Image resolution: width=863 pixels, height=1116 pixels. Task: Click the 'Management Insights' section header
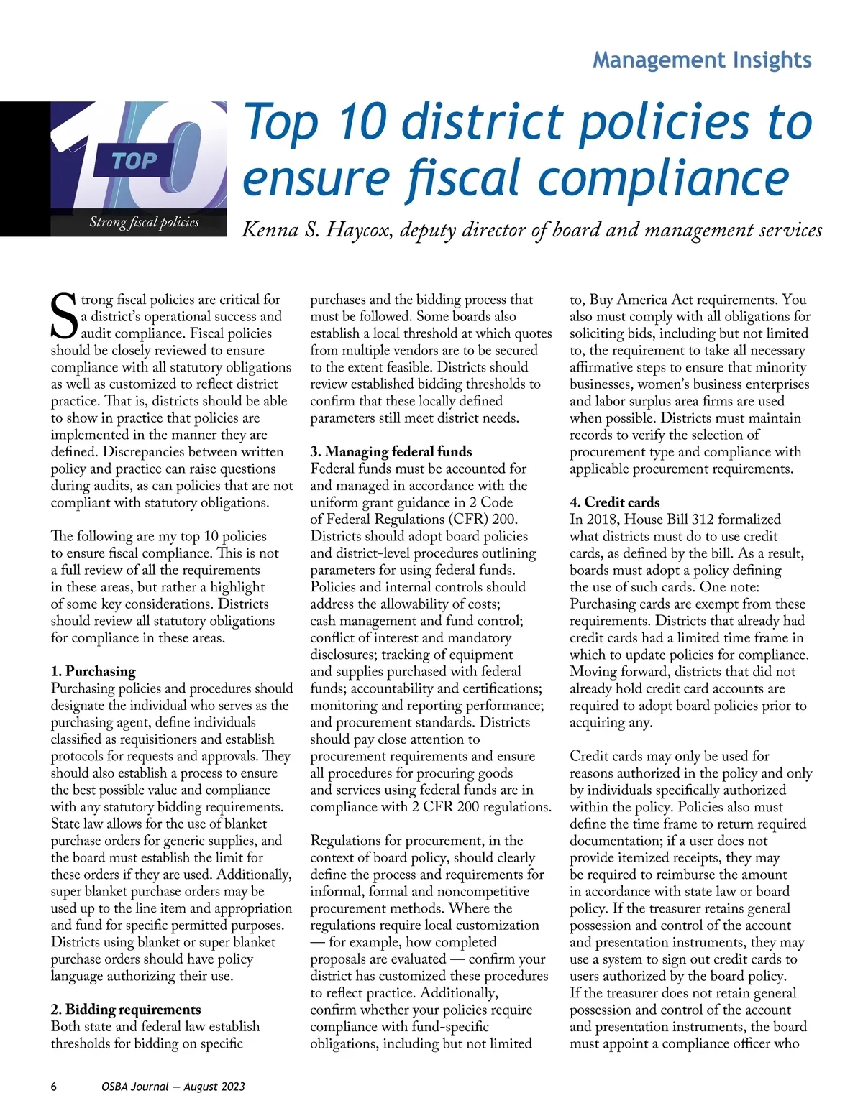[x=702, y=60]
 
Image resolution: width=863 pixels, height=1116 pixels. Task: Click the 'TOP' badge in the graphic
[x=134, y=161]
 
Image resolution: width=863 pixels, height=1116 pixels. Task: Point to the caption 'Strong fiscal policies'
[x=144, y=222]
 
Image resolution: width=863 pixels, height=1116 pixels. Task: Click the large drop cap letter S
[x=63, y=317]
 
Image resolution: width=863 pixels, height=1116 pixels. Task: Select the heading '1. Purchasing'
[x=93, y=671]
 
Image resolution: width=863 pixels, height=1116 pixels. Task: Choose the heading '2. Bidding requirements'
[x=126, y=1010]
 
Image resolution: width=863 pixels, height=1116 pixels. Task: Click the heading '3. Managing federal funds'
[x=391, y=451]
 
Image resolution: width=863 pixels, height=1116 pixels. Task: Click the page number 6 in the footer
[x=54, y=1087]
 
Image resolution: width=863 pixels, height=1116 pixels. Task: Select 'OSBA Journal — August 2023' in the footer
[x=173, y=1087]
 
